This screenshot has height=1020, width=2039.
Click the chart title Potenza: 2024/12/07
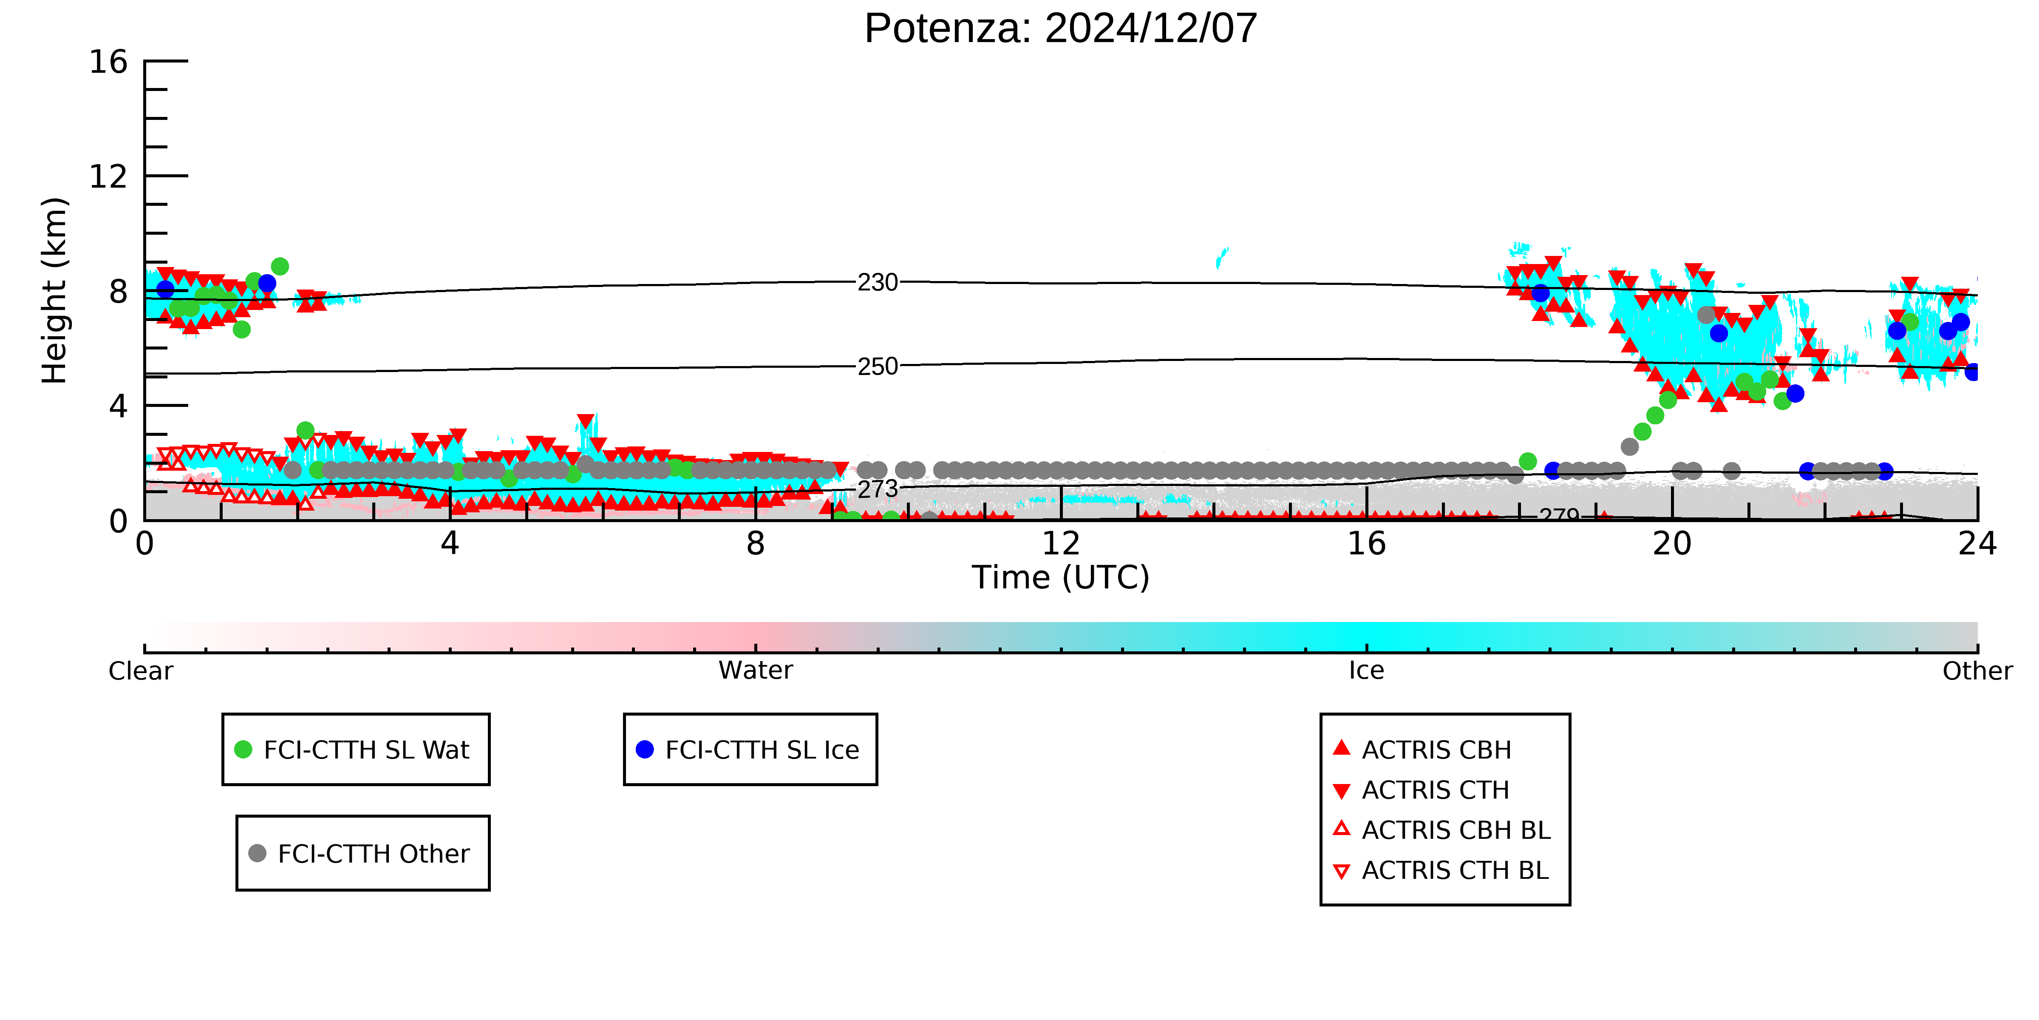pyautogui.click(x=1061, y=28)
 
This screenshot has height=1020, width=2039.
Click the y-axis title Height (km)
pyautogui.click(x=55, y=291)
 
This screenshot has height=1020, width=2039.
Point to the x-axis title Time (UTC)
pyautogui.click(x=1061, y=577)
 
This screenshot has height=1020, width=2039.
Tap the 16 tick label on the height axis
pyautogui.click(x=108, y=62)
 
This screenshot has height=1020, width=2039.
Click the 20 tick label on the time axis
pyautogui.click(x=1672, y=544)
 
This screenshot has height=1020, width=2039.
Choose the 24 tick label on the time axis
pyautogui.click(x=1977, y=544)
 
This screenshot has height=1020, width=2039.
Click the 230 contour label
pyautogui.click(x=878, y=283)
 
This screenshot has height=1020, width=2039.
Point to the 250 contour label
pyautogui.click(x=878, y=367)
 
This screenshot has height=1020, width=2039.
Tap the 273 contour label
pyautogui.click(x=878, y=489)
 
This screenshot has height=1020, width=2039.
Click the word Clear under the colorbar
pyautogui.click(x=141, y=671)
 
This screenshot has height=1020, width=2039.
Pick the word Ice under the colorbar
pyautogui.click(x=1366, y=671)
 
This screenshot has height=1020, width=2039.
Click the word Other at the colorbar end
pyautogui.click(x=1977, y=671)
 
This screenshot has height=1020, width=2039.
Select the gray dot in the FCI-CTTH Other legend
pyautogui.click(x=257, y=853)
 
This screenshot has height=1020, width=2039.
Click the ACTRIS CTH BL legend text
pyautogui.click(x=1455, y=870)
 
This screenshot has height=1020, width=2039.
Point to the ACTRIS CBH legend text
pyautogui.click(x=1437, y=750)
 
